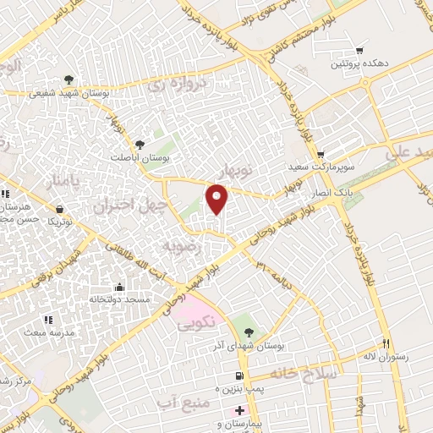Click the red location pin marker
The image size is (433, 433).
217,199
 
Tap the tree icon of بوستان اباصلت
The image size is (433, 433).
140,144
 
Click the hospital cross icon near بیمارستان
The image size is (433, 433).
239,410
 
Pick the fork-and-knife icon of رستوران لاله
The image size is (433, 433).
386,344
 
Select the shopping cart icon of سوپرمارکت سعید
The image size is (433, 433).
321,155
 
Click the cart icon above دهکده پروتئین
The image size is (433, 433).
360,51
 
